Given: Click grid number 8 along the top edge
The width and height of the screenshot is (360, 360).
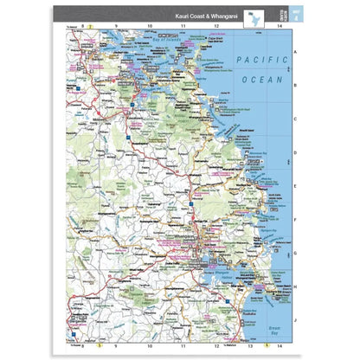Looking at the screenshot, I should coord(83,27).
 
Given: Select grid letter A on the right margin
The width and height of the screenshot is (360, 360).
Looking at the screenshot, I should coord(295,52).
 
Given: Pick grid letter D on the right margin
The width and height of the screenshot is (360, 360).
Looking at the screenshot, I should coord(295,152).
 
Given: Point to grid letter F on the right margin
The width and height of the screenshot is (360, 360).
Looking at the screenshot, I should coord(295,220).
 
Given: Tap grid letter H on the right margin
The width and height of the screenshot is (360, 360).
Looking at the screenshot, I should coord(295,287).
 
